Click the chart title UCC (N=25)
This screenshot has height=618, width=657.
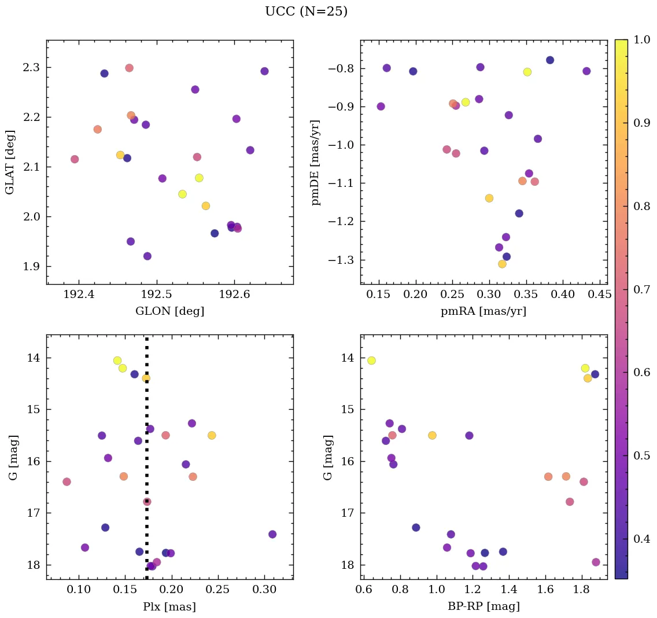click(306, 12)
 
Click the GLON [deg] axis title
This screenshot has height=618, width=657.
click(169, 311)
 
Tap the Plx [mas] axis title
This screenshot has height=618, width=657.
click(169, 606)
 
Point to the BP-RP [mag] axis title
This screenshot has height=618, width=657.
click(483, 606)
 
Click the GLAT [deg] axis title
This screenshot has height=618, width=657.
click(10, 162)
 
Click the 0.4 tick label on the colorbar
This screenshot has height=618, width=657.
click(641, 539)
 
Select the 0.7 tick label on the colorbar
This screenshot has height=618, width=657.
click(641, 289)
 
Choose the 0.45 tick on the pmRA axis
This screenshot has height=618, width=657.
click(599, 295)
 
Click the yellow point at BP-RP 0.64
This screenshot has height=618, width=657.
click(371, 360)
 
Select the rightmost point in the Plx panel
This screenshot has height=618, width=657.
click(272, 534)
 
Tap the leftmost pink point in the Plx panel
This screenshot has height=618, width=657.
click(67, 481)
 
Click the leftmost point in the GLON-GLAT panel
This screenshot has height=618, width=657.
click(75, 159)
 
